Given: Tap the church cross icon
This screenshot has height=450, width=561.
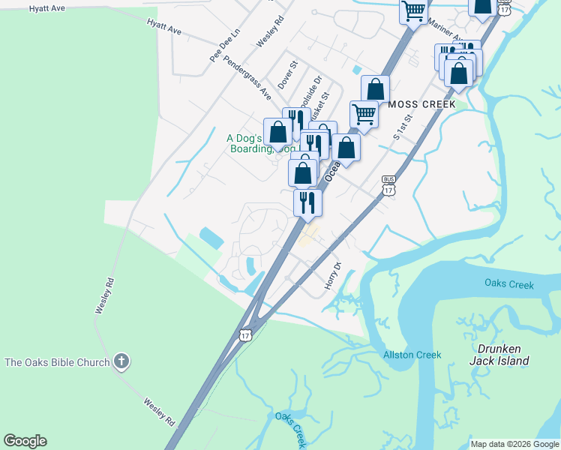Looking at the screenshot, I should click(x=121, y=362).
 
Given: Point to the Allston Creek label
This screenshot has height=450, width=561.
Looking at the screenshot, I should click(x=412, y=355).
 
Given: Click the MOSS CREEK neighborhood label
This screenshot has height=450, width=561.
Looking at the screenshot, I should click(x=421, y=104).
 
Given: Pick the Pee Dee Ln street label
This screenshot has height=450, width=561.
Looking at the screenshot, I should click(x=224, y=46).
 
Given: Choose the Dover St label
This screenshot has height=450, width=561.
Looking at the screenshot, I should click(x=288, y=75).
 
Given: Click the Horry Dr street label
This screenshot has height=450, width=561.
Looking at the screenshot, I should click(x=333, y=276).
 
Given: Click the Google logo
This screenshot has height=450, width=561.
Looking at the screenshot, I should click(x=25, y=441).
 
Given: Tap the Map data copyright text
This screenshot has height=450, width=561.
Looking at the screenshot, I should click(x=514, y=444).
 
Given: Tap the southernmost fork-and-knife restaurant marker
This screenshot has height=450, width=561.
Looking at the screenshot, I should click(x=307, y=202).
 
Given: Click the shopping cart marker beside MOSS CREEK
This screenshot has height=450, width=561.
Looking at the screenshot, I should click(x=364, y=115).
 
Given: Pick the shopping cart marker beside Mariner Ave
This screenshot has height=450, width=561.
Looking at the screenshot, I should click(x=413, y=11).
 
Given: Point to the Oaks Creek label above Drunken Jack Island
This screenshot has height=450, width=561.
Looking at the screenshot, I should click(x=509, y=284).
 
